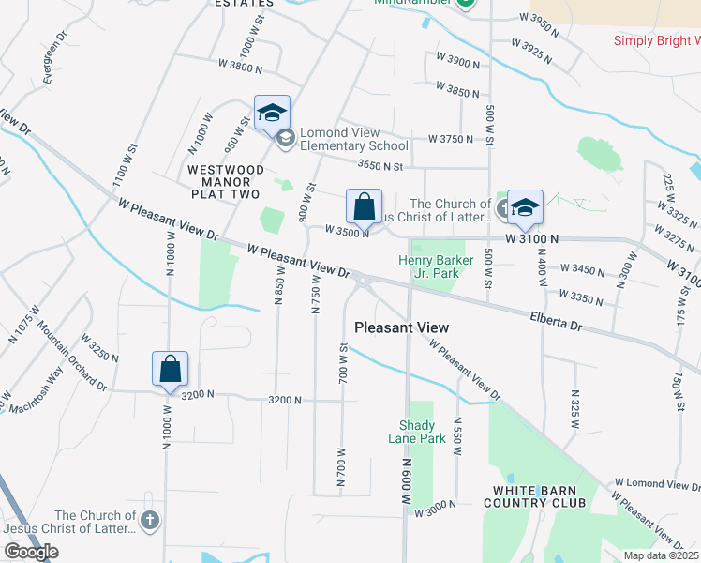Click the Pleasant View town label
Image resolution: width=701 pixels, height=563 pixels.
point(402,327)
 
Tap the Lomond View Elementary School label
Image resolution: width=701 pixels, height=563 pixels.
point(354,139)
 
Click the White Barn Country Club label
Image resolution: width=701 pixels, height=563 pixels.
point(540,496)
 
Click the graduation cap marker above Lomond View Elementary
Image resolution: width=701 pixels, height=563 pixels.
point(273,113)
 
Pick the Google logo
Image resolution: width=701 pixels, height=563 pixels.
point(31,552)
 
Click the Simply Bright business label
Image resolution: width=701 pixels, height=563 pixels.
point(657,40)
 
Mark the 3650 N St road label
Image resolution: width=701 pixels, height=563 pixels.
point(380,166)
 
